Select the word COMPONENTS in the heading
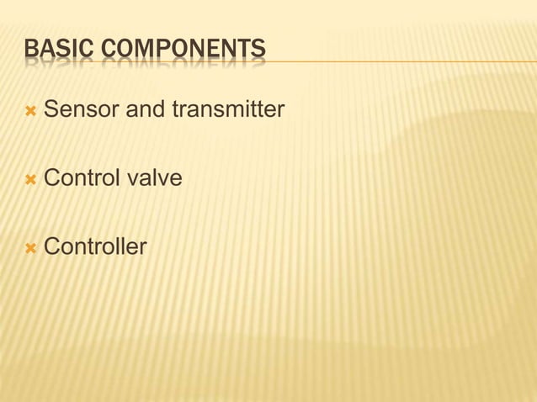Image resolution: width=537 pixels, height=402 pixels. point(183,50)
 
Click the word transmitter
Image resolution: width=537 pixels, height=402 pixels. point(227,109)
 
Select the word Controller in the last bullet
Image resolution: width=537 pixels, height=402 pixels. point(95,247)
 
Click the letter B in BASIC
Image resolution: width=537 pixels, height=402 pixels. point(30,50)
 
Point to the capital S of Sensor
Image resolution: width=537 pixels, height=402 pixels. point(51,109)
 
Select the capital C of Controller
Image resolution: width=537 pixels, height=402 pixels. point(51,247)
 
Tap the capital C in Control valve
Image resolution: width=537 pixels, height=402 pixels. point(51,178)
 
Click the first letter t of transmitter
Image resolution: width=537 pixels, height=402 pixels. point(173,109)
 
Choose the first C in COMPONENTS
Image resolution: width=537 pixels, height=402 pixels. point(108,50)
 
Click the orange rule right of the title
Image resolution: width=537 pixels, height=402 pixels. point(396,61)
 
